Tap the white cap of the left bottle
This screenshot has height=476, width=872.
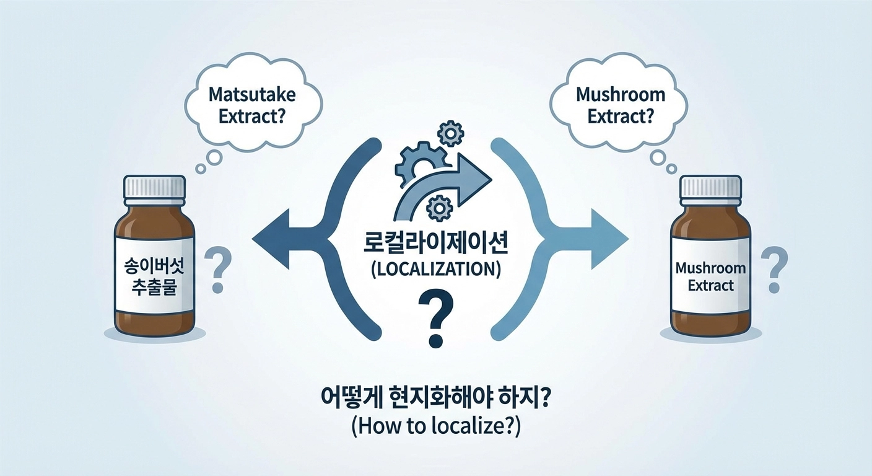(x=154, y=187)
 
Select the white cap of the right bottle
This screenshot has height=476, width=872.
(x=710, y=187)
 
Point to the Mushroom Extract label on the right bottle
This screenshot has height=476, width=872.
(x=710, y=278)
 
